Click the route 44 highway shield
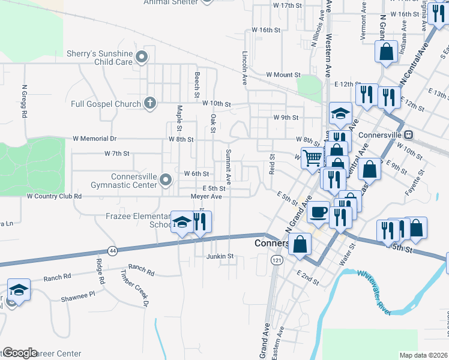coord(112,250)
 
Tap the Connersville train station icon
coord(409,134)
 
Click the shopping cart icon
coord(312,158)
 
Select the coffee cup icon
coord(319,212)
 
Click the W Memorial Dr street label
coord(93,139)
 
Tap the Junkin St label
coord(219,256)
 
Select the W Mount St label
coord(283,75)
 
